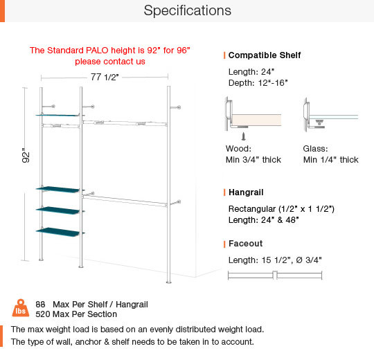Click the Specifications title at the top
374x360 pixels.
click(x=188, y=10)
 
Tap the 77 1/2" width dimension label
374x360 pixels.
click(x=105, y=77)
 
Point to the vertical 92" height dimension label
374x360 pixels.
click(x=26, y=156)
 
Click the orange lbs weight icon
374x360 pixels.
click(x=21, y=308)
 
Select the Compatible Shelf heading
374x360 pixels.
click(x=265, y=55)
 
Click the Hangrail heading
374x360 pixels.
click(x=246, y=192)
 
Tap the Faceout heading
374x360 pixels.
click(x=245, y=244)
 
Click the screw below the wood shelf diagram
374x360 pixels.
click(x=243, y=136)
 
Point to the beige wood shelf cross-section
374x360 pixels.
click(x=257, y=120)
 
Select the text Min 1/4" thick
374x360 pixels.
click(x=330, y=160)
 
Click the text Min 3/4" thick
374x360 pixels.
click(x=253, y=160)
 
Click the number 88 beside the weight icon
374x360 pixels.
click(x=40, y=305)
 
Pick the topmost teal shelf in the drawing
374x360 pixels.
click(x=57, y=115)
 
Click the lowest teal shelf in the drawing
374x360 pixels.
click(x=57, y=232)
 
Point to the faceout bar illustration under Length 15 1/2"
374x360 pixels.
click(x=275, y=275)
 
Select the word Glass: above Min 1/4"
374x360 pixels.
click(x=315, y=149)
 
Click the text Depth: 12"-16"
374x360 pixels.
click(x=258, y=83)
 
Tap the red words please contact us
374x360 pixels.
click(x=110, y=62)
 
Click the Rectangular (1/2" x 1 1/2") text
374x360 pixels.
click(x=281, y=209)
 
